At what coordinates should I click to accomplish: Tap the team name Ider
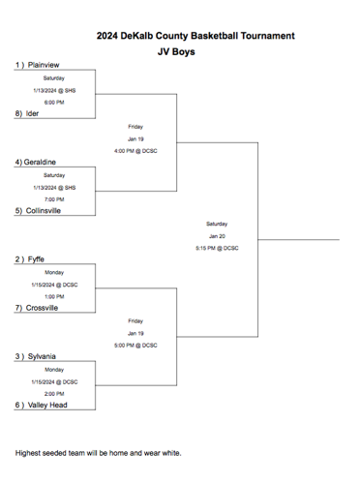pyautogui.click(x=32, y=113)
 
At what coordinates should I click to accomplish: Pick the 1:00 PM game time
pyautogui.click(x=54, y=296)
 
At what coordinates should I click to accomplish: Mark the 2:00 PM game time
pyautogui.click(x=54, y=394)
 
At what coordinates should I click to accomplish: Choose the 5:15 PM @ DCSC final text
pyautogui.click(x=216, y=248)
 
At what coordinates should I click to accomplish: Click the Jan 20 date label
pyautogui.click(x=217, y=235)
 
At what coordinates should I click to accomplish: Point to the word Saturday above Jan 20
pyautogui.click(x=217, y=224)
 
